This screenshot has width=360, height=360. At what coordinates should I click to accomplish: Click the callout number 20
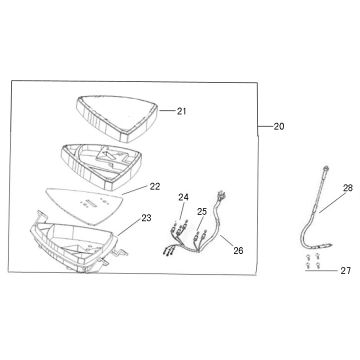[279, 127]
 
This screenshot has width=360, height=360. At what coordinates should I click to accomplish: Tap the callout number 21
[181, 111]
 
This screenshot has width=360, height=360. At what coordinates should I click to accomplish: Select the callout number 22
[155, 187]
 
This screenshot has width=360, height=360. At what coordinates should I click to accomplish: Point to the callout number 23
[146, 218]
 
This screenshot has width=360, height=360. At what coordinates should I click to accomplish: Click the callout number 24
[183, 197]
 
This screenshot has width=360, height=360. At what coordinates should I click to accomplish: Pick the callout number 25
[202, 212]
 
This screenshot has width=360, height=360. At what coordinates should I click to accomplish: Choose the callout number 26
[238, 251]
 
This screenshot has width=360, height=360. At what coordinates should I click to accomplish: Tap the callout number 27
[346, 271]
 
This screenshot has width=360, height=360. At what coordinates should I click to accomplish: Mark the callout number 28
[348, 188]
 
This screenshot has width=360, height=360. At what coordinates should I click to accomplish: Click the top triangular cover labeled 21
[117, 117]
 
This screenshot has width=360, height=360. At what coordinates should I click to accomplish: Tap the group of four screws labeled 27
[313, 261]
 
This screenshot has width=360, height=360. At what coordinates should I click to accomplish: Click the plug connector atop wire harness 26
[219, 195]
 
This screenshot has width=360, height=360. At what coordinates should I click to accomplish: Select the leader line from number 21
[167, 111]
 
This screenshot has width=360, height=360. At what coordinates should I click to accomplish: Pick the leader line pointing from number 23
[129, 228]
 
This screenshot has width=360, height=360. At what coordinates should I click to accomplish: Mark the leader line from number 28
[331, 202]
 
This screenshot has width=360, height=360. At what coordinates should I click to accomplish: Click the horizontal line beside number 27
[322, 271]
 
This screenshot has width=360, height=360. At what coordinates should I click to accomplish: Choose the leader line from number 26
[227, 241]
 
